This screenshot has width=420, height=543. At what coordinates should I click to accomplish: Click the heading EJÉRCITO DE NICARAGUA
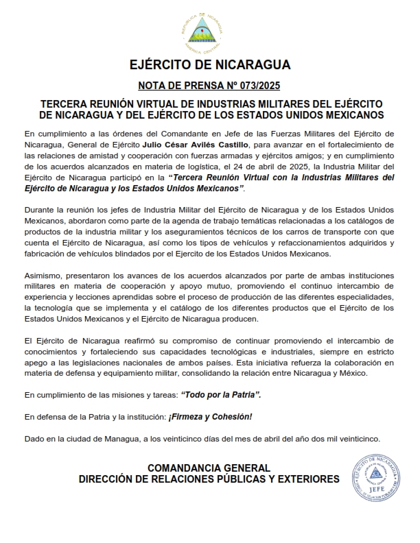[x=210, y=66]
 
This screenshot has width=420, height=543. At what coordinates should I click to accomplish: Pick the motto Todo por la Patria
[x=220, y=396]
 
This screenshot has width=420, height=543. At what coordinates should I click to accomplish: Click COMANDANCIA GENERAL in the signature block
[x=209, y=467]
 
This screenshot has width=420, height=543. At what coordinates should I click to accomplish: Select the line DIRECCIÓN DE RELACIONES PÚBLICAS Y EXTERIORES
[x=209, y=479]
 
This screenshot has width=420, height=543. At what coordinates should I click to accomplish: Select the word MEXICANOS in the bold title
[x=345, y=114]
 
